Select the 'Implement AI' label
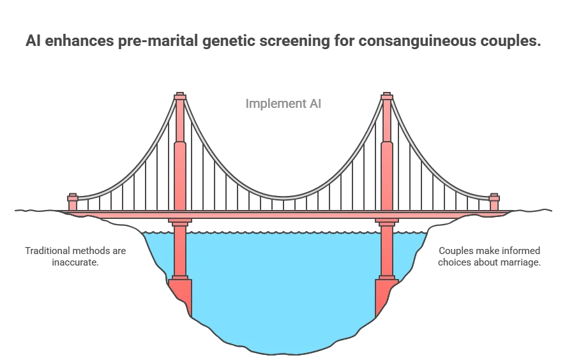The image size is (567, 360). point(283,103)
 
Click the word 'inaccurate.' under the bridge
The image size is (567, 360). point(75,262)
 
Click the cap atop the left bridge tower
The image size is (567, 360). point(180,96)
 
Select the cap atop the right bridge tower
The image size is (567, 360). point(386,96)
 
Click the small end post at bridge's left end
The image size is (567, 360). point(73,202)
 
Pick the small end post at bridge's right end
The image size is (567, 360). point(494,202)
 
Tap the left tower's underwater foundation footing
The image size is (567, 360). point(182,294)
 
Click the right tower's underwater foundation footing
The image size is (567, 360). point(385,294)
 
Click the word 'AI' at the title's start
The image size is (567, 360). point(34,41)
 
